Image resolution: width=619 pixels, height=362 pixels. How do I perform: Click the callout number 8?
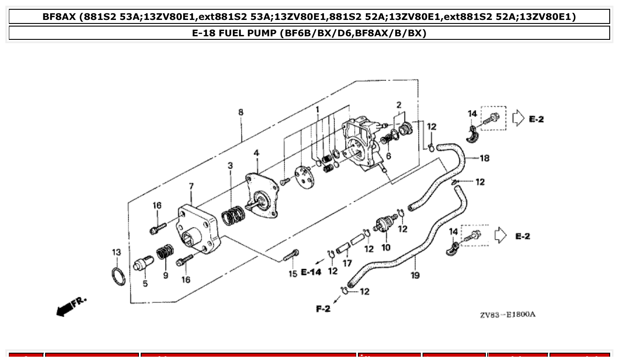click(241, 112)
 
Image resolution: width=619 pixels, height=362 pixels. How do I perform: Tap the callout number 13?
click(116, 253)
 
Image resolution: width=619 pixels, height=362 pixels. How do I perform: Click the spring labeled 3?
click(233, 216)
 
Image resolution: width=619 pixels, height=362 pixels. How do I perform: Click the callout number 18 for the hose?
click(484, 158)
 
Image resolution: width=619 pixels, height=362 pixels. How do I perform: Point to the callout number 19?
click(415, 275)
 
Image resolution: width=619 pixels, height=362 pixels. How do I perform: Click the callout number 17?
click(347, 263)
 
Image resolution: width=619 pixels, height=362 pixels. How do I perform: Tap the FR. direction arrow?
click(71, 306)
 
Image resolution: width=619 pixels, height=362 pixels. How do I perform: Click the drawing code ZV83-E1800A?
click(508, 315)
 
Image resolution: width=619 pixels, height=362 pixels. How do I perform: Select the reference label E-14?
click(311, 272)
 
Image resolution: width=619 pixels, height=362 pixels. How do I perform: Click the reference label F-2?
click(323, 309)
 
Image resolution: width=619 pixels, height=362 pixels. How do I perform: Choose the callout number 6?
click(388, 156)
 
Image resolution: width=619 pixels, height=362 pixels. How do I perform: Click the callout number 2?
click(399, 105)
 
